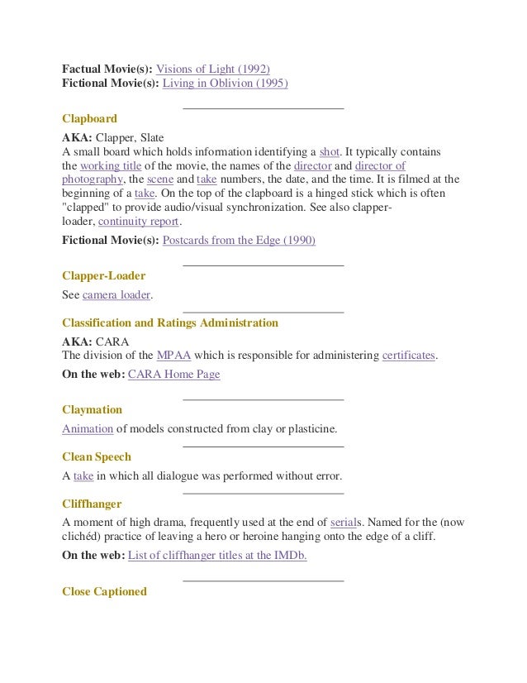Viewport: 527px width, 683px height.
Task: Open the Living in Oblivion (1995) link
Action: (226, 84)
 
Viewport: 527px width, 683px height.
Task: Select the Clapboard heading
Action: (89, 119)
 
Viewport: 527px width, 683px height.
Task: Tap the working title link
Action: (111, 165)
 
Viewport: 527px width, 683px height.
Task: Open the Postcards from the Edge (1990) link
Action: (239, 241)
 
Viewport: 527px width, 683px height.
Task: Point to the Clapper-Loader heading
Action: (104, 275)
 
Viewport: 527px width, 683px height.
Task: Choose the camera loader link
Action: (116, 294)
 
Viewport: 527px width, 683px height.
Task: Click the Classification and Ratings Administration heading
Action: (170, 322)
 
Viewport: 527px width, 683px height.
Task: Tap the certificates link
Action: (407, 356)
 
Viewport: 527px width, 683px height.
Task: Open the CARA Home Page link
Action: (174, 375)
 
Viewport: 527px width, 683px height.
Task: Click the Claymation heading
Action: (92, 410)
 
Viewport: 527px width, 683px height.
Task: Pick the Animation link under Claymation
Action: (88, 428)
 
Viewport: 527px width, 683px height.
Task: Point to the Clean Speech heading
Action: (97, 456)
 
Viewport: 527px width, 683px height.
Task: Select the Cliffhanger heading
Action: (92, 504)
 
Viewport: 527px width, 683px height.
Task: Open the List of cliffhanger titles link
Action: (217, 556)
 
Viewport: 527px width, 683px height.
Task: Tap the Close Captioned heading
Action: (104, 591)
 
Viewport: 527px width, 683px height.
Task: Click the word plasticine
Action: (311, 428)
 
